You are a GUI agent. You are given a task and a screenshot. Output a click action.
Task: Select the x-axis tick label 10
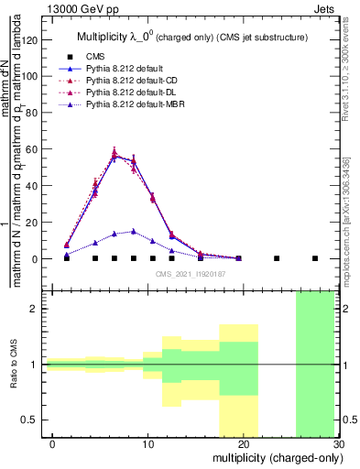click(149, 443)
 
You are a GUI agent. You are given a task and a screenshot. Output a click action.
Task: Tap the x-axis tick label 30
click(339, 443)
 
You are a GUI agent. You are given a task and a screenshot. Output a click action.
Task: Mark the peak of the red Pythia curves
click(115, 153)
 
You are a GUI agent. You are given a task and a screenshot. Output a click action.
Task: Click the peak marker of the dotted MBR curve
click(133, 232)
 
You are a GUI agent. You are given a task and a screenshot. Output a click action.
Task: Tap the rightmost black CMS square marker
click(315, 258)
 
